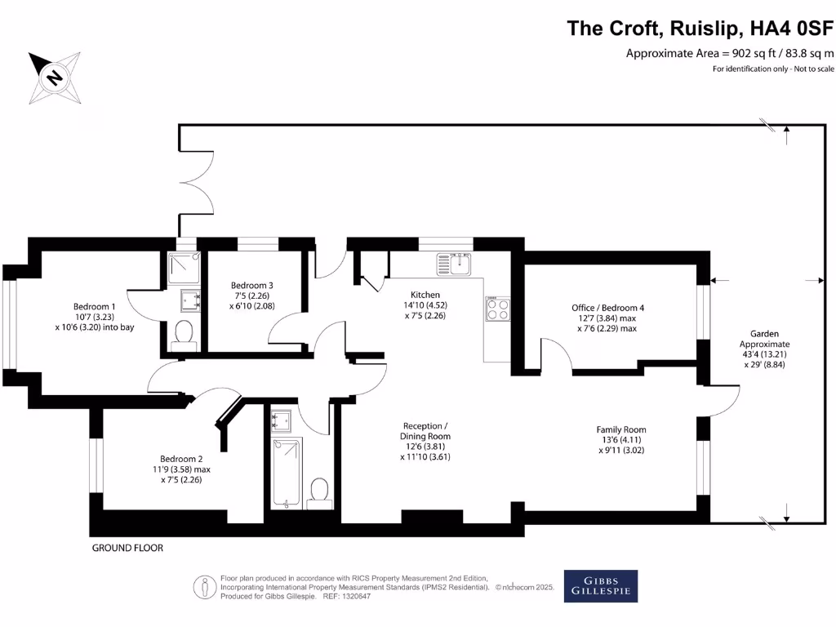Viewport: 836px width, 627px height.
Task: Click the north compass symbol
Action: [55, 77]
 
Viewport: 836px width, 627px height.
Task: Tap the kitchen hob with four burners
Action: [497, 309]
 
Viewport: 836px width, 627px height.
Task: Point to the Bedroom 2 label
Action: [180, 459]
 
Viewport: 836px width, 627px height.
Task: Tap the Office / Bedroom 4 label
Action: [607, 308]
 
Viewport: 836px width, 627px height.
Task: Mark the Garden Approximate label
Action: [765, 339]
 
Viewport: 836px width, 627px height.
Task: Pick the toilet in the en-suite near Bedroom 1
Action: [185, 333]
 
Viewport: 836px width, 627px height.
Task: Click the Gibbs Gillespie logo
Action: [601, 586]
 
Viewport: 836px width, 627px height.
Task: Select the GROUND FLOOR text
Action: [127, 548]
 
